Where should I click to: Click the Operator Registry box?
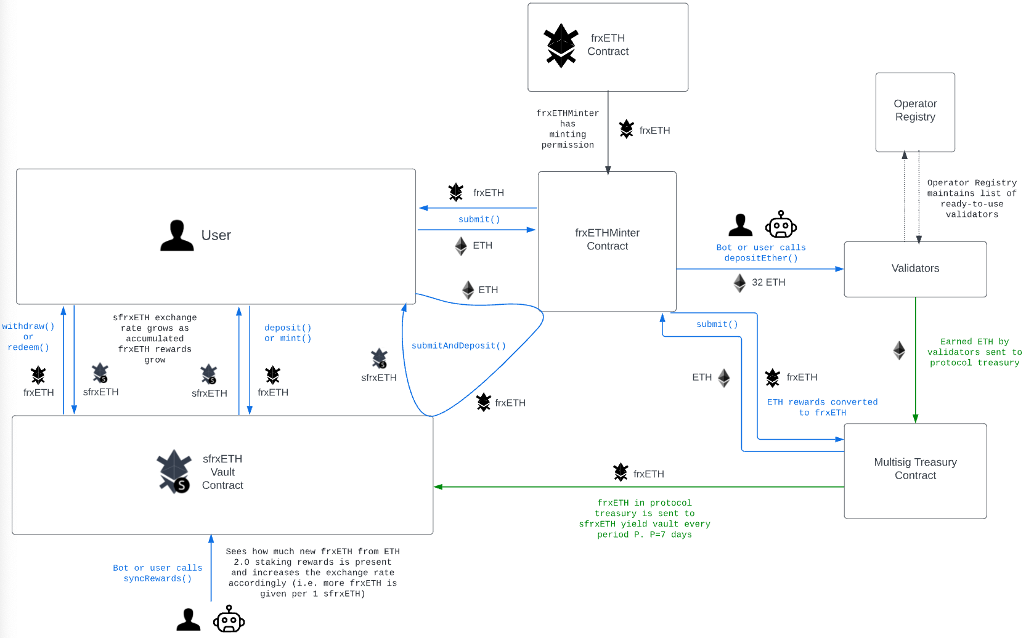pos(915,112)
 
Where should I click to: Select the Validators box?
pos(915,269)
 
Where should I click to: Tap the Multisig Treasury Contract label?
pos(915,469)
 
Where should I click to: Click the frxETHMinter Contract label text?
pos(608,240)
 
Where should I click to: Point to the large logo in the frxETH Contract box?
pos(561,46)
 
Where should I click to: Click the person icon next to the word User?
pos(177,235)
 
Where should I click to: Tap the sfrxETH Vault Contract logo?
pos(174,471)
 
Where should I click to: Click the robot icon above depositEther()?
pos(781,224)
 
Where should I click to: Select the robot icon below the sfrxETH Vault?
pos(229,619)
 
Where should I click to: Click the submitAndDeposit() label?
pos(458,345)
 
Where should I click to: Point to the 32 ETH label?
pos(768,283)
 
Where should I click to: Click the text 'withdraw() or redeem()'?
pos(28,337)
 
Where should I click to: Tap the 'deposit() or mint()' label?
pos(288,333)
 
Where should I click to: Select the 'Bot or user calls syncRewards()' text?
pos(158,573)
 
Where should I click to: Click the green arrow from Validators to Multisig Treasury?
pos(915,360)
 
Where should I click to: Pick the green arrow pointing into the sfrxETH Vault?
pos(639,487)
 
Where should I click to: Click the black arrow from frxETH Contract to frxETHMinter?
pos(608,133)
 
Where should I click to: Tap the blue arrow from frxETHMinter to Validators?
pos(760,269)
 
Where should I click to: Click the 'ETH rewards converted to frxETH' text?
pos(822,407)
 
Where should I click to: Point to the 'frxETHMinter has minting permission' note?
pos(568,129)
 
